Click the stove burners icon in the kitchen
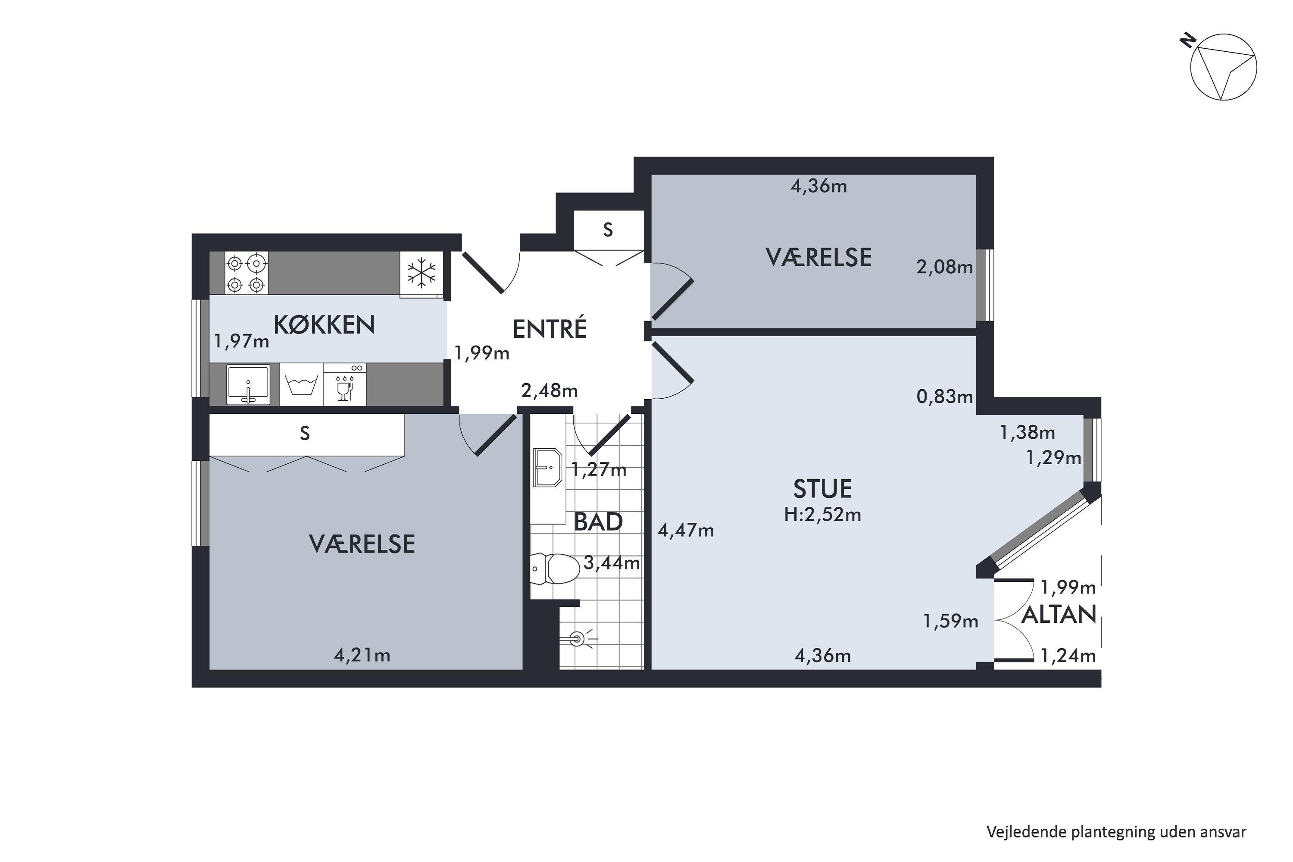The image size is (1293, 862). click(246, 273)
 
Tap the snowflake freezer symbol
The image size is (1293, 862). click(421, 273)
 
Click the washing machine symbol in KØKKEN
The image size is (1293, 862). click(301, 385)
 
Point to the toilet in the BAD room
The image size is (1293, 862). click(555, 568)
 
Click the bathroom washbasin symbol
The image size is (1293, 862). click(547, 468)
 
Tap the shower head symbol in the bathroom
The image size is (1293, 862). click(577, 639)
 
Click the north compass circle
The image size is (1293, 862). click(1223, 75)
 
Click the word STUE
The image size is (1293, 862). click(822, 489)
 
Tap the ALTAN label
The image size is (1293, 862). click(1058, 615)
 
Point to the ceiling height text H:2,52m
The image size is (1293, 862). click(822, 515)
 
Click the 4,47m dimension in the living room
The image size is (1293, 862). click(686, 531)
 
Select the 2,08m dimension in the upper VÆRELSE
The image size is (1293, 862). click(944, 268)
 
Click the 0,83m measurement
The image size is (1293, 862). click(944, 397)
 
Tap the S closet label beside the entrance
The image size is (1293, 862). click(607, 230)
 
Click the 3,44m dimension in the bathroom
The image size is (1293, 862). click(611, 563)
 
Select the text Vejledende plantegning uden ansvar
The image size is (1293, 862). click(1116, 832)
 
